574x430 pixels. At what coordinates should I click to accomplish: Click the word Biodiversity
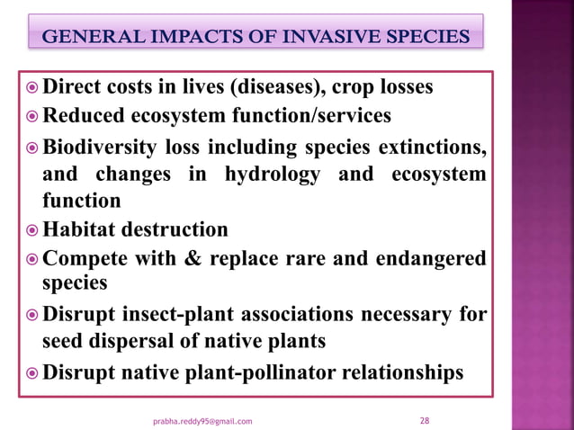click(104, 147)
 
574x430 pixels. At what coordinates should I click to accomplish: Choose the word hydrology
click(274, 174)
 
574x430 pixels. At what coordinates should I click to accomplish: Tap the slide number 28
click(426, 420)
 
